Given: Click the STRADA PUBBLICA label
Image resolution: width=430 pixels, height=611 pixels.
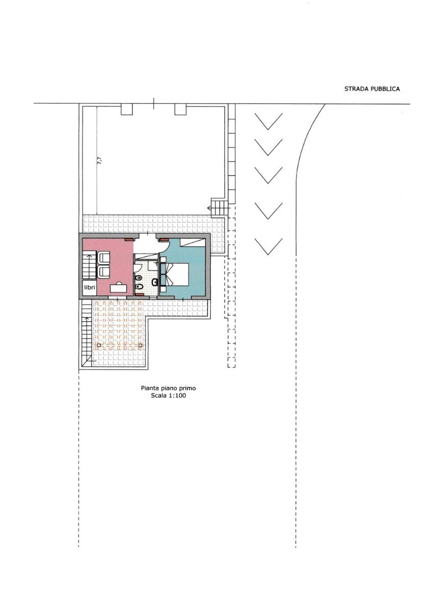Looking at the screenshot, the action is point(372,89).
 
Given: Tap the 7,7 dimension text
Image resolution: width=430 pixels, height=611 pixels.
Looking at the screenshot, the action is point(99,160).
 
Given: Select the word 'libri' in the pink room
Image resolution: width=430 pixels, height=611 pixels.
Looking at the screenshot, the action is point(89,287).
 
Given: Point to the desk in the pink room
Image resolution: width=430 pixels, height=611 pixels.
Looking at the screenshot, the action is point(119,288).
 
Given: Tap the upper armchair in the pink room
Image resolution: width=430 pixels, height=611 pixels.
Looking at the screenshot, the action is point(104,258).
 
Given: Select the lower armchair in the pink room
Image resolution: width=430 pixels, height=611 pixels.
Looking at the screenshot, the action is point(104,271).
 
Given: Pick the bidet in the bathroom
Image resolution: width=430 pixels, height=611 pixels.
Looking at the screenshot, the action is point(139,286).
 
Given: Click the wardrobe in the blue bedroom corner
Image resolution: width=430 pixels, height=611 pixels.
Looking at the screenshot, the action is point(194,242).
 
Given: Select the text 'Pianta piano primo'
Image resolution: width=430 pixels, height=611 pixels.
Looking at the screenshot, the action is point(168,388).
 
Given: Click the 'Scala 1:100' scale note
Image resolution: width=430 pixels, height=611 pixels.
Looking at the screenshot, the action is point(168,395).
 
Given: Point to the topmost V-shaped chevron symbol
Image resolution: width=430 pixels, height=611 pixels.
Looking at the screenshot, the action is point(268,121).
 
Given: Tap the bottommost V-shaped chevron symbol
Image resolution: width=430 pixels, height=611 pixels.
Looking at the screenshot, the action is point(268,246).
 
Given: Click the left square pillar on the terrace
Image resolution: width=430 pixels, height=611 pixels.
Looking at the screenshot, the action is point(99,345).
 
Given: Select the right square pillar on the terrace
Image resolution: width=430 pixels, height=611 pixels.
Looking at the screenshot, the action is point(140,345).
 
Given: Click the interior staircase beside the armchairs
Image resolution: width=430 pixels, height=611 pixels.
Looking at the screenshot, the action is point(90,266).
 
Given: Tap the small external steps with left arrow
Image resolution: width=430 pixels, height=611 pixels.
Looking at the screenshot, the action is point(218,208).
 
